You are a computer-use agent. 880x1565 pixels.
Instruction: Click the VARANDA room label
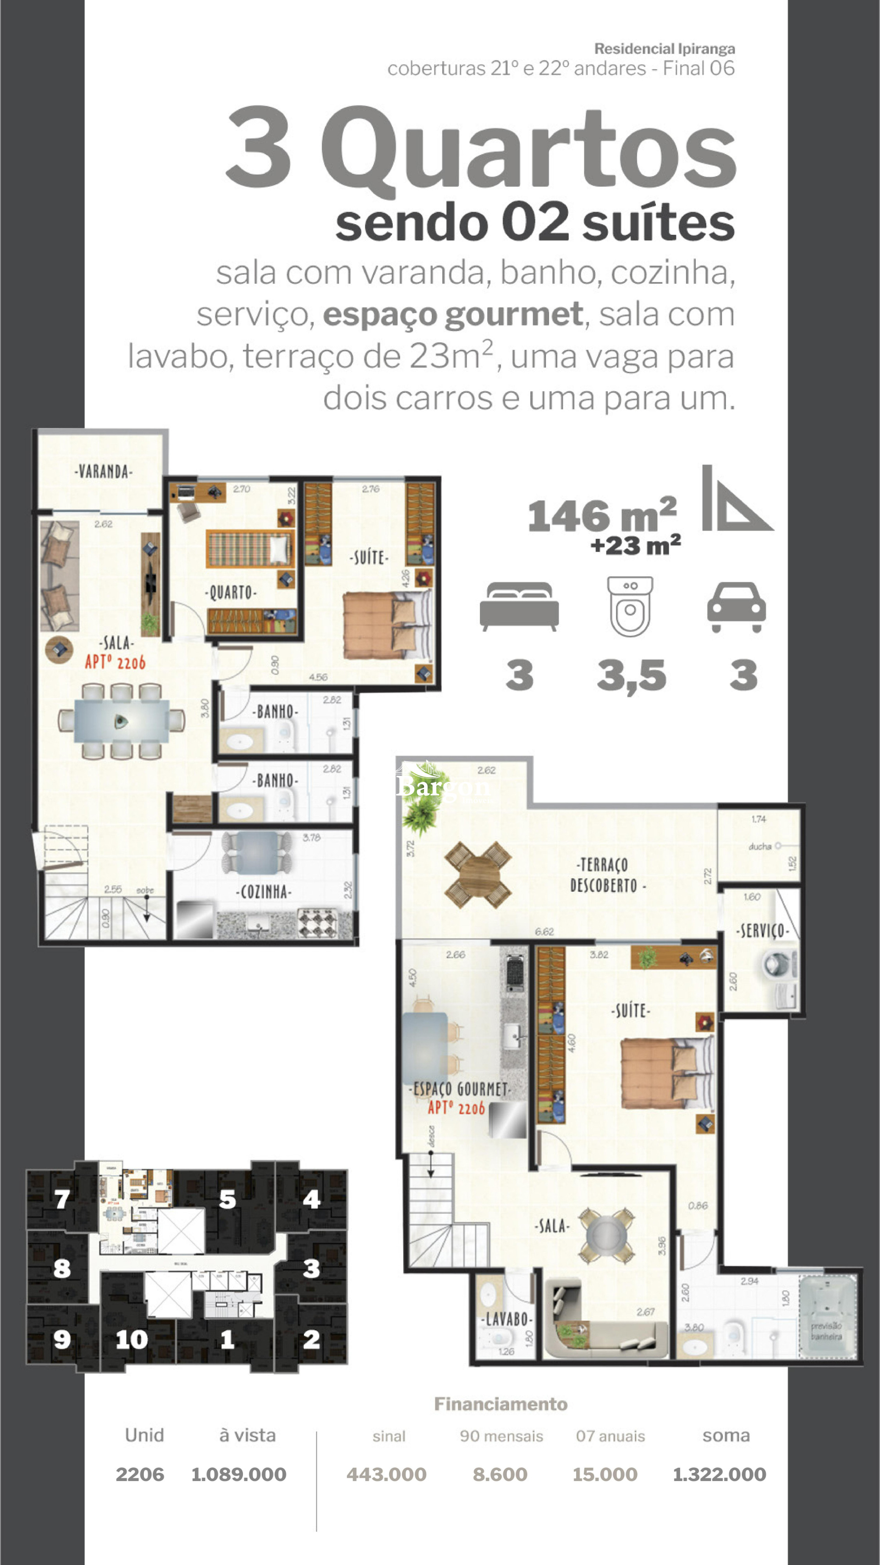pos(103,471)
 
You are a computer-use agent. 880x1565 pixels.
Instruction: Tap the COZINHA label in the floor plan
pos(264,891)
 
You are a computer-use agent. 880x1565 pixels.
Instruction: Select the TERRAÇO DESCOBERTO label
pos(603,875)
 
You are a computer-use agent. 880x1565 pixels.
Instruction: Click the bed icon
pos(519,606)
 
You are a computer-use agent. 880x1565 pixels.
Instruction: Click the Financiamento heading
pos(500,1404)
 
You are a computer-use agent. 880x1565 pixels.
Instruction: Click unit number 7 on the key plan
pos(62,1199)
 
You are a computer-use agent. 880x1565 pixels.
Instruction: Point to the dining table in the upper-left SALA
pos(121,721)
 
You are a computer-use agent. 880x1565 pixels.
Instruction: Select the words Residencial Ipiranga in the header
pos(665,49)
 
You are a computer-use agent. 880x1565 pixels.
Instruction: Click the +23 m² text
pos(635,545)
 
